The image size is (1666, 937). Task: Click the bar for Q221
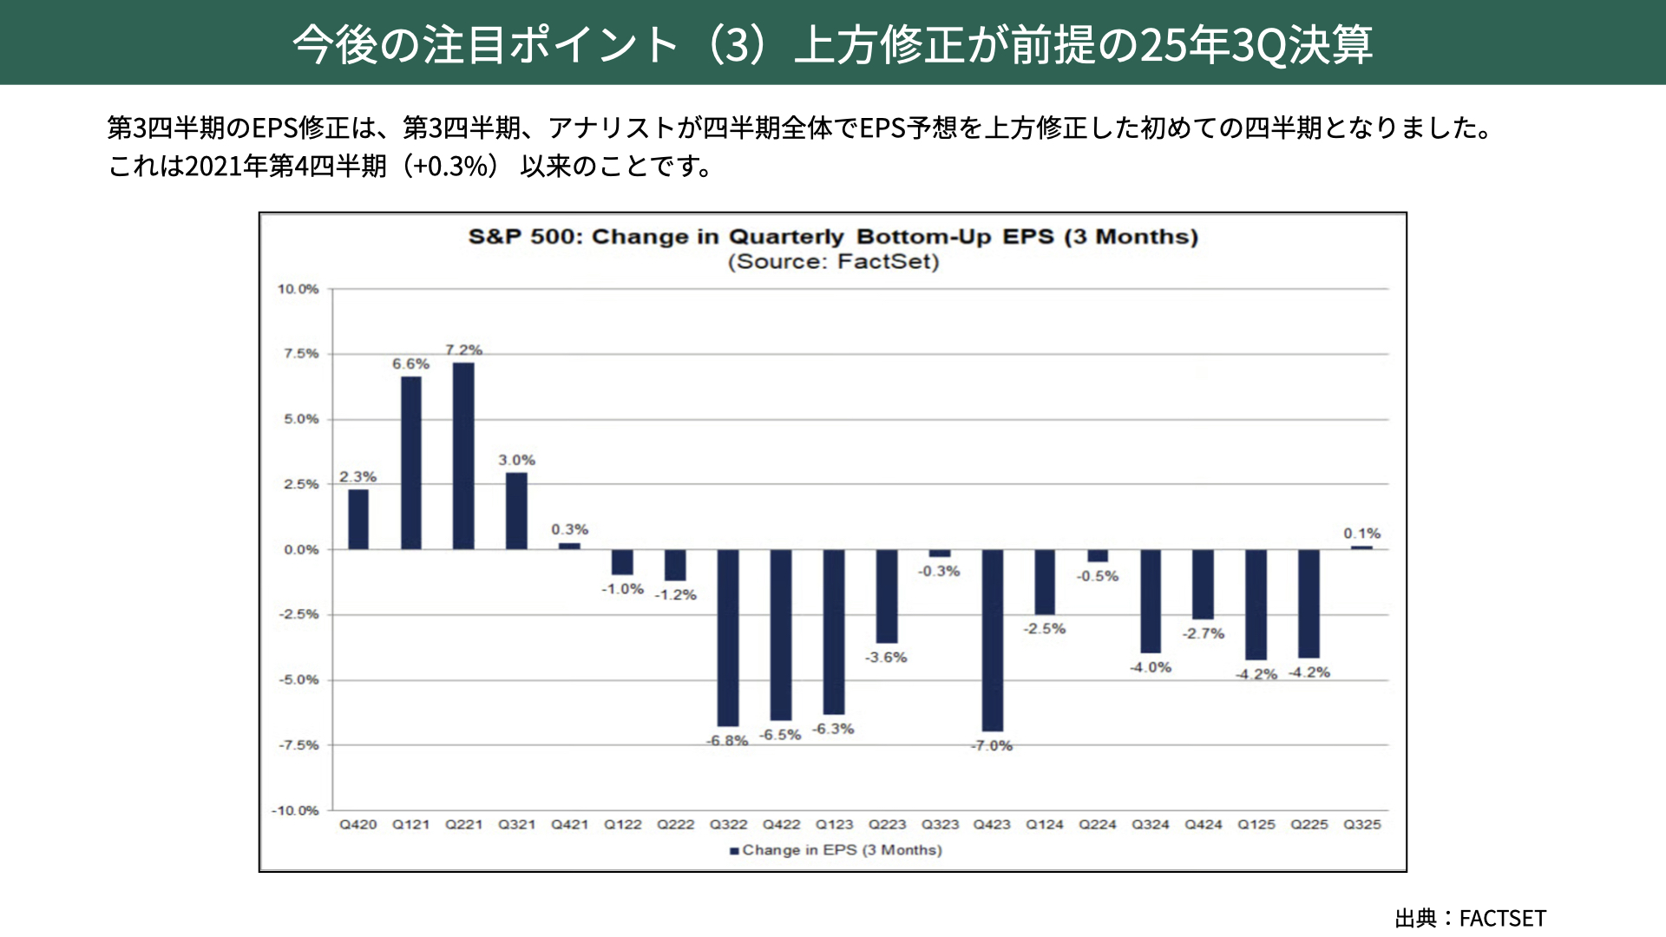coord(463,455)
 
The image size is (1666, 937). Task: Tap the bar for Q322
coord(728,638)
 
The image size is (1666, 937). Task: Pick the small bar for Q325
coord(1361,547)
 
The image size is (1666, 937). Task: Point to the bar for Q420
coord(357,519)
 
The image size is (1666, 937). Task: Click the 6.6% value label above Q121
coord(410,364)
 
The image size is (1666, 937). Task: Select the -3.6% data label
coord(886,658)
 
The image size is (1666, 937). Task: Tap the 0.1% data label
coord(1361,534)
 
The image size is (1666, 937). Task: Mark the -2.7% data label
coord(1203,634)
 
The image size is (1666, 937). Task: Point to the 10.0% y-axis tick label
coord(298,289)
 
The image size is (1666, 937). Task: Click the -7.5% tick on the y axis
coord(298,745)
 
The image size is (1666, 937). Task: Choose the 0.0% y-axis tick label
coord(301,550)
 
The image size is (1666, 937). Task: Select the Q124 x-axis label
coord(1045,825)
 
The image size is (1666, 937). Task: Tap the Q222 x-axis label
coord(675,825)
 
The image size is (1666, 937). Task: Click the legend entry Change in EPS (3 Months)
coord(836,850)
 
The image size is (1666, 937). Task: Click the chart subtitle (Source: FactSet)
coord(833,262)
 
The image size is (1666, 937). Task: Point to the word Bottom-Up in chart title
coord(924,237)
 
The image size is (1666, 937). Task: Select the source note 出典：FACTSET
coord(1470,918)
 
